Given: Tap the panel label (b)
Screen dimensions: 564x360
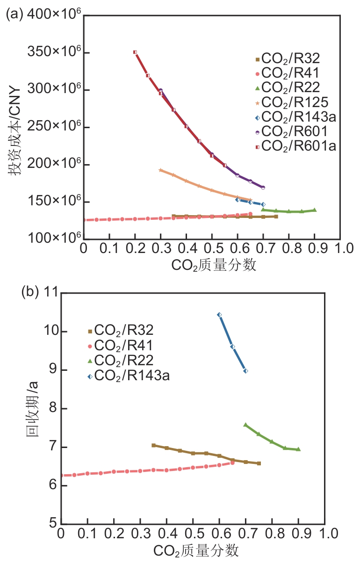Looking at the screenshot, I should point(31,292).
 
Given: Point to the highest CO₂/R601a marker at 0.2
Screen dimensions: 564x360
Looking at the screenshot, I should point(135,52).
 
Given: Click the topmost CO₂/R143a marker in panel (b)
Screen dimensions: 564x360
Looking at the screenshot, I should point(219,315).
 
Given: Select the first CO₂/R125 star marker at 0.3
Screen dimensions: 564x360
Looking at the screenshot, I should point(160,170).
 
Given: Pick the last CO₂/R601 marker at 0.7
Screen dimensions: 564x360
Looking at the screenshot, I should point(263,188).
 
